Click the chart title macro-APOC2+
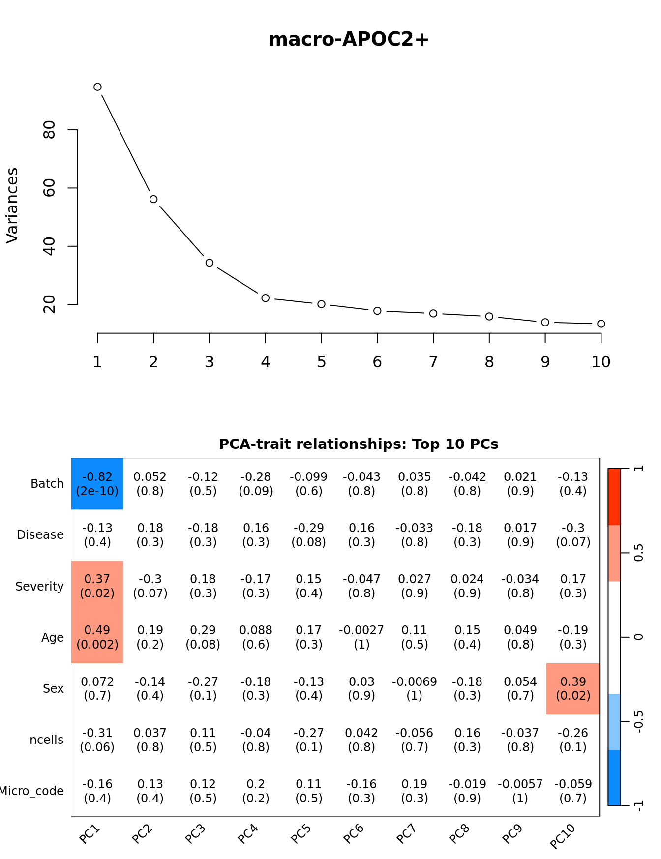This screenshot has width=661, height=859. pyautogui.click(x=349, y=39)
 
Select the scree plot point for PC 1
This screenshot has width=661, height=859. pyautogui.click(x=97, y=87)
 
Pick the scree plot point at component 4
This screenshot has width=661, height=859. pyautogui.click(x=266, y=298)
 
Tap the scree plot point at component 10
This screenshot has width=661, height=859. pyautogui.click(x=601, y=324)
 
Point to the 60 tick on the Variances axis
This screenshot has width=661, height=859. pyautogui.click(x=49, y=188)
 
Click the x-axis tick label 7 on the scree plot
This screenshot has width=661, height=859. pyautogui.click(x=433, y=362)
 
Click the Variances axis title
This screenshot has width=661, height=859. pyautogui.click(x=12, y=206)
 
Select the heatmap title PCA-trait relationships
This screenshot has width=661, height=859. pyautogui.click(x=359, y=444)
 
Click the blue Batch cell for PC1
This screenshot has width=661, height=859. pyautogui.click(x=97, y=484)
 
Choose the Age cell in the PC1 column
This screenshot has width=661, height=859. pyautogui.click(x=97, y=637)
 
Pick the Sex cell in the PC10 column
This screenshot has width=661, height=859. pyautogui.click(x=573, y=688)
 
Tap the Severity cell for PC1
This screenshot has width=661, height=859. pyautogui.click(x=97, y=586)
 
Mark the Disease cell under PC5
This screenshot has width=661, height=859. pyautogui.click(x=309, y=535)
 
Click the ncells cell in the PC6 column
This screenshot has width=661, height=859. pyautogui.click(x=361, y=740)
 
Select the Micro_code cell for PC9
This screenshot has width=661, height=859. pyautogui.click(x=520, y=791)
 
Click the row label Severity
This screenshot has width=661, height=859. pyautogui.click(x=39, y=586)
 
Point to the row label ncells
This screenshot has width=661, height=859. pyautogui.click(x=47, y=740)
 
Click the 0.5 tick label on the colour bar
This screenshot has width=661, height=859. pyautogui.click(x=638, y=553)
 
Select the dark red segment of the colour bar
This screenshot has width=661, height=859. pyautogui.click(x=614, y=497)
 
